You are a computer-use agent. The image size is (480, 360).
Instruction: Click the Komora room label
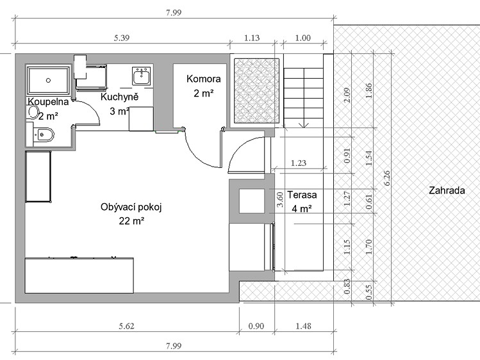tap(204, 79)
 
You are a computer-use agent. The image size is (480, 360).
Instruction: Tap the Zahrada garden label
tap(447, 190)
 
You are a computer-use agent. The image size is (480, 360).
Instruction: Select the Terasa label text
tap(302, 195)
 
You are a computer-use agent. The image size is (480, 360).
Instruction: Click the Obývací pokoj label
tap(131, 208)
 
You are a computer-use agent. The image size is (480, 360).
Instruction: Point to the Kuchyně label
tap(119, 97)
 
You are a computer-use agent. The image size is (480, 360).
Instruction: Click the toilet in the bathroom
tap(44, 135)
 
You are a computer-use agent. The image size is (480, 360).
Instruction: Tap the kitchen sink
tap(142, 76)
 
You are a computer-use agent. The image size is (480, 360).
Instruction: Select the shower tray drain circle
tap(48, 81)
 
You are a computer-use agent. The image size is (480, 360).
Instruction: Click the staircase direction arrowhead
tap(304, 125)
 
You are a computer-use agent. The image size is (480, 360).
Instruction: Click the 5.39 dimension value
tap(122, 38)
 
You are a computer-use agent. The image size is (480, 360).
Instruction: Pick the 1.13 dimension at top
tap(252, 38)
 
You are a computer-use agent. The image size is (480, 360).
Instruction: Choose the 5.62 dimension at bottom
tap(127, 326)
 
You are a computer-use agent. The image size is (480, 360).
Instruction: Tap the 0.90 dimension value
tap(256, 326)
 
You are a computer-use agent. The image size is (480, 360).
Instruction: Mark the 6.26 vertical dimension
tap(387, 178)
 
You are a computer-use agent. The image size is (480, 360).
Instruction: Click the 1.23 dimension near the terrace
tap(299, 163)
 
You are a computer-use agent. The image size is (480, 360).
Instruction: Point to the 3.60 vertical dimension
tap(280, 199)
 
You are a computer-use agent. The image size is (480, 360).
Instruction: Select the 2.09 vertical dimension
tap(347, 95)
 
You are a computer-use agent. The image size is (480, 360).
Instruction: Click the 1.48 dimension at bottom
tap(303, 326)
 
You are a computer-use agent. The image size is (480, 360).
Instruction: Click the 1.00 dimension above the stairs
tap(302, 38)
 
